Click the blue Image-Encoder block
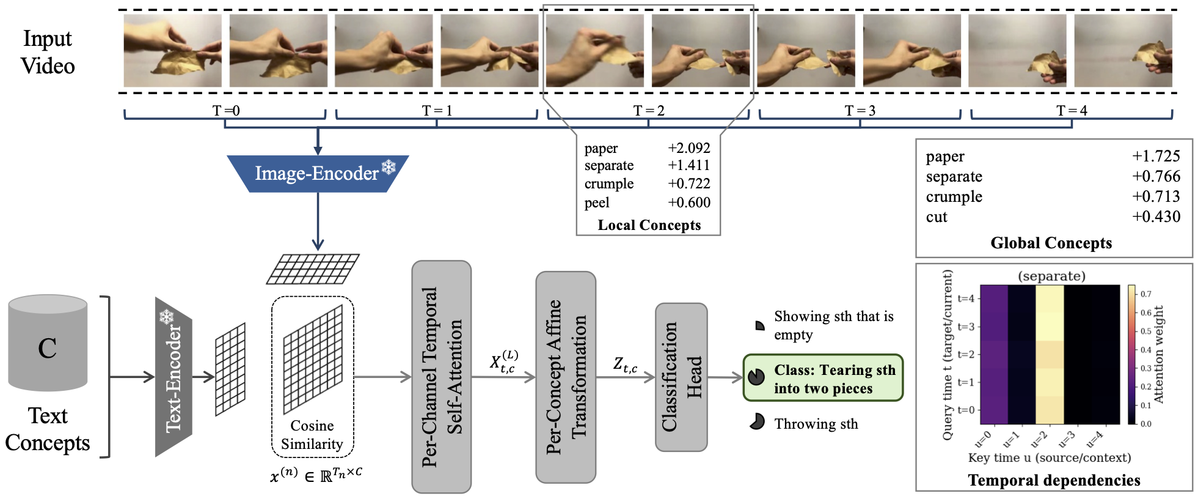[x=317, y=174]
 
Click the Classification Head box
[x=681, y=377]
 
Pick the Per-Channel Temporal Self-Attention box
[x=441, y=377]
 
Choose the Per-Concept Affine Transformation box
[x=565, y=377]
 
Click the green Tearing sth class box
[x=823, y=379]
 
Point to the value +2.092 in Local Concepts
[x=689, y=149]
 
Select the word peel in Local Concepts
[x=597, y=203]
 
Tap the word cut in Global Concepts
[x=937, y=217]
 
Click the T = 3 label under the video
[x=860, y=111]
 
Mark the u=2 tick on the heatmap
[x=1039, y=439]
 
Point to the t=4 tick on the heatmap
[x=966, y=298]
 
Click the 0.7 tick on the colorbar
[x=1145, y=294]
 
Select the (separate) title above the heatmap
[x=1051, y=276]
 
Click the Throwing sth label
[x=816, y=424]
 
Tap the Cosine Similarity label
[x=312, y=435]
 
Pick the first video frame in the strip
[x=173, y=51]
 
